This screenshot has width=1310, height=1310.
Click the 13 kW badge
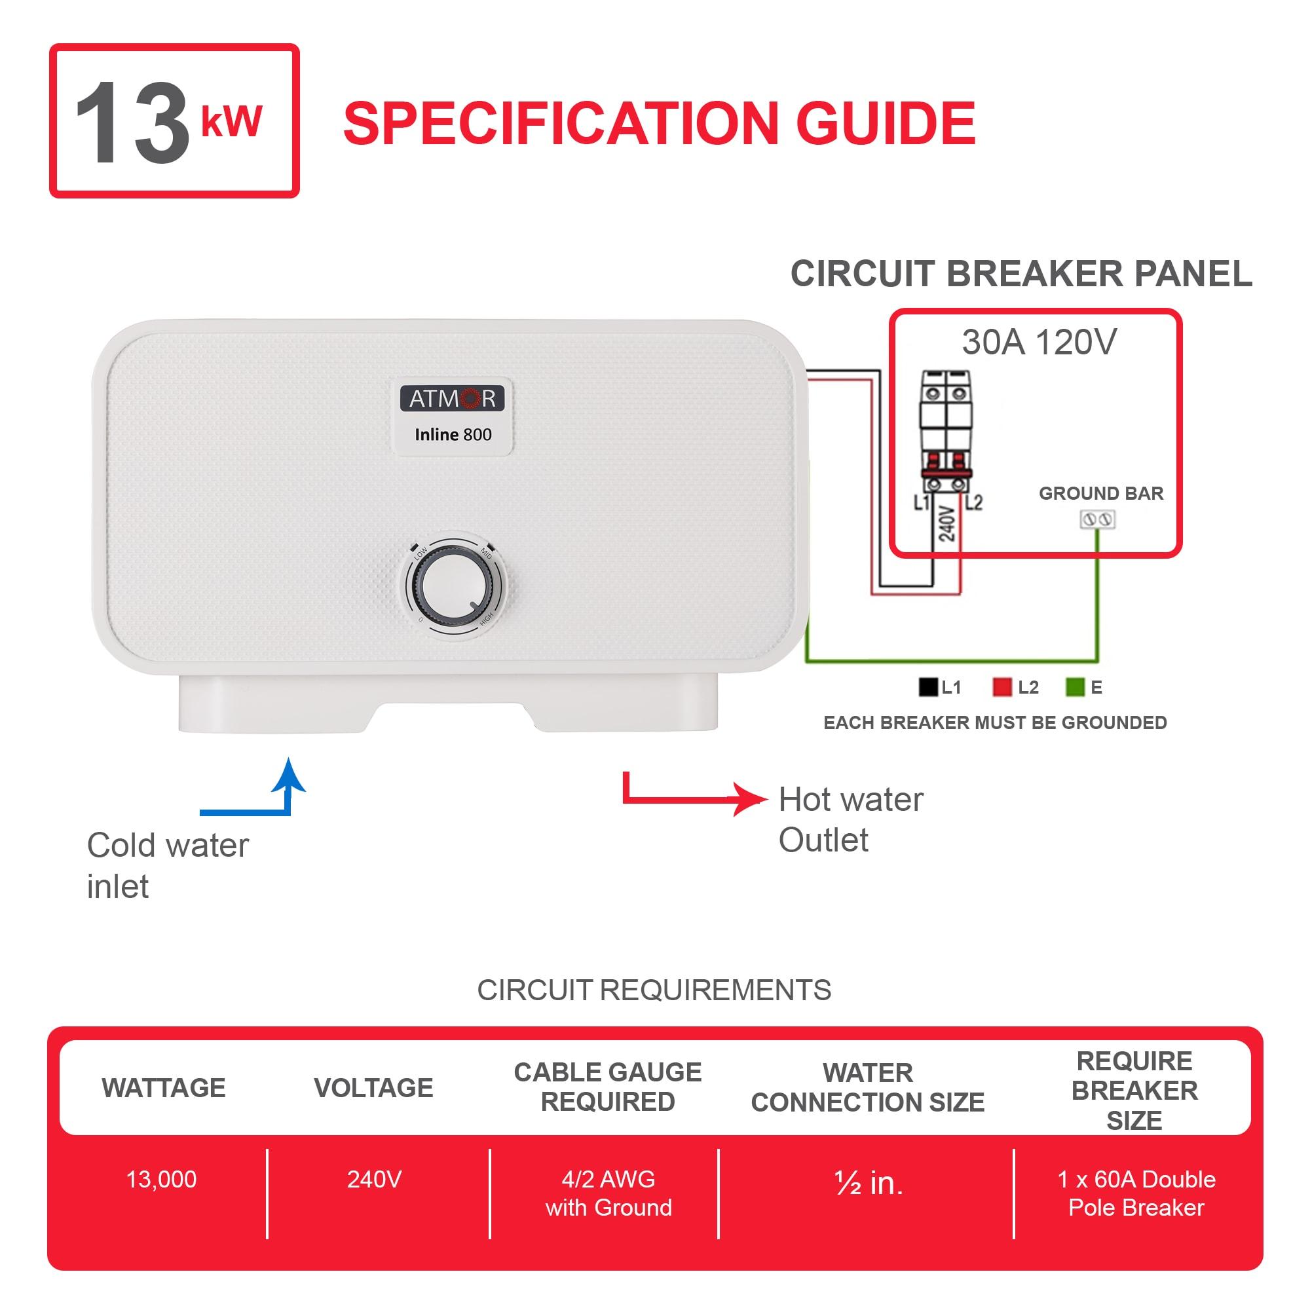[174, 121]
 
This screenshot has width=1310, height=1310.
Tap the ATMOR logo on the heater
[452, 398]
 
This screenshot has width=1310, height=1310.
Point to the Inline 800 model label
[453, 435]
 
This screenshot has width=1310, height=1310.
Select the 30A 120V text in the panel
[1039, 343]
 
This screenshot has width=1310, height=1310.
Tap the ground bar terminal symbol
[1097, 520]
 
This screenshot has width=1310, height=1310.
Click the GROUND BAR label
[1100, 493]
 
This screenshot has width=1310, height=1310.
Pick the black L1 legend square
[927, 687]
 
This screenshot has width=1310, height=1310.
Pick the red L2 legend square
[1001, 687]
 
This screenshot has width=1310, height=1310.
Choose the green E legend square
[1075, 687]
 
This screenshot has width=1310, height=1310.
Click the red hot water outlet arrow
[692, 798]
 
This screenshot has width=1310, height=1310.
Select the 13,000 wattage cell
[161, 1180]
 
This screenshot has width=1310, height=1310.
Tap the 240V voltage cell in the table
[374, 1180]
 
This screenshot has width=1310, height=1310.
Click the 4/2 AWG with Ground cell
[608, 1193]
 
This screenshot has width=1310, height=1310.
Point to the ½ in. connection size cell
[869, 1183]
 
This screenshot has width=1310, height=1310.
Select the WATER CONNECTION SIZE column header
[867, 1087]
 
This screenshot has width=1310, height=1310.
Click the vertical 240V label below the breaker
[946, 524]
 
